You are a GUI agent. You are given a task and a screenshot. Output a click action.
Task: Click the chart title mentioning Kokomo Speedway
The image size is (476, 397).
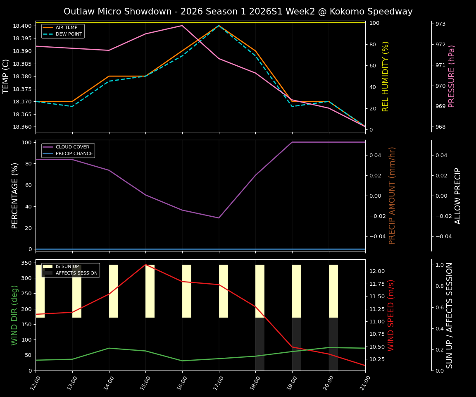tap(238, 12)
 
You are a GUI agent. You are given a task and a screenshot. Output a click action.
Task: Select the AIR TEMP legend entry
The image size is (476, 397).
tap(66, 28)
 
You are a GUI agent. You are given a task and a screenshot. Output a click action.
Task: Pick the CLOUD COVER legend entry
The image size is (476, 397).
tap(72, 147)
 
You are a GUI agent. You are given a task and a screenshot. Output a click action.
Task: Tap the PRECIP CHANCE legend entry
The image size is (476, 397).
tap(74, 153)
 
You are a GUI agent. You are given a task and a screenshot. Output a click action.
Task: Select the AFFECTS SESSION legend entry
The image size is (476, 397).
tap(76, 273)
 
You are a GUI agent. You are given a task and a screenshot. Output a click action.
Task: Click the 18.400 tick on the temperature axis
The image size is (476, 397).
tap(22, 26)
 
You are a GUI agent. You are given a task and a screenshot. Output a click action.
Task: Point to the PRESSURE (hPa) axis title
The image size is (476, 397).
tap(452, 76)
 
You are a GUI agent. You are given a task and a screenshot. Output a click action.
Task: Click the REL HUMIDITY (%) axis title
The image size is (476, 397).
tap(386, 76)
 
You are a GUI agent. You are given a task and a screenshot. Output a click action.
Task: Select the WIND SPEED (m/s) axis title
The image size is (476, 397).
tap(391, 315)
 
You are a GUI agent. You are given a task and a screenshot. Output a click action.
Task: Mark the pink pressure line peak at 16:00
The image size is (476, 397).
tap(182, 26)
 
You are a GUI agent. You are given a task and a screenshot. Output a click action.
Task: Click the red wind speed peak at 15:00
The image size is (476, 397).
tap(145, 265)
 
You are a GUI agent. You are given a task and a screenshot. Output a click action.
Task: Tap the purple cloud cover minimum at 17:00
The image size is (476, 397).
tap(219, 218)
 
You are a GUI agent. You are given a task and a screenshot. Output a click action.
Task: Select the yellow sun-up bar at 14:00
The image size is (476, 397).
tap(114, 291)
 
